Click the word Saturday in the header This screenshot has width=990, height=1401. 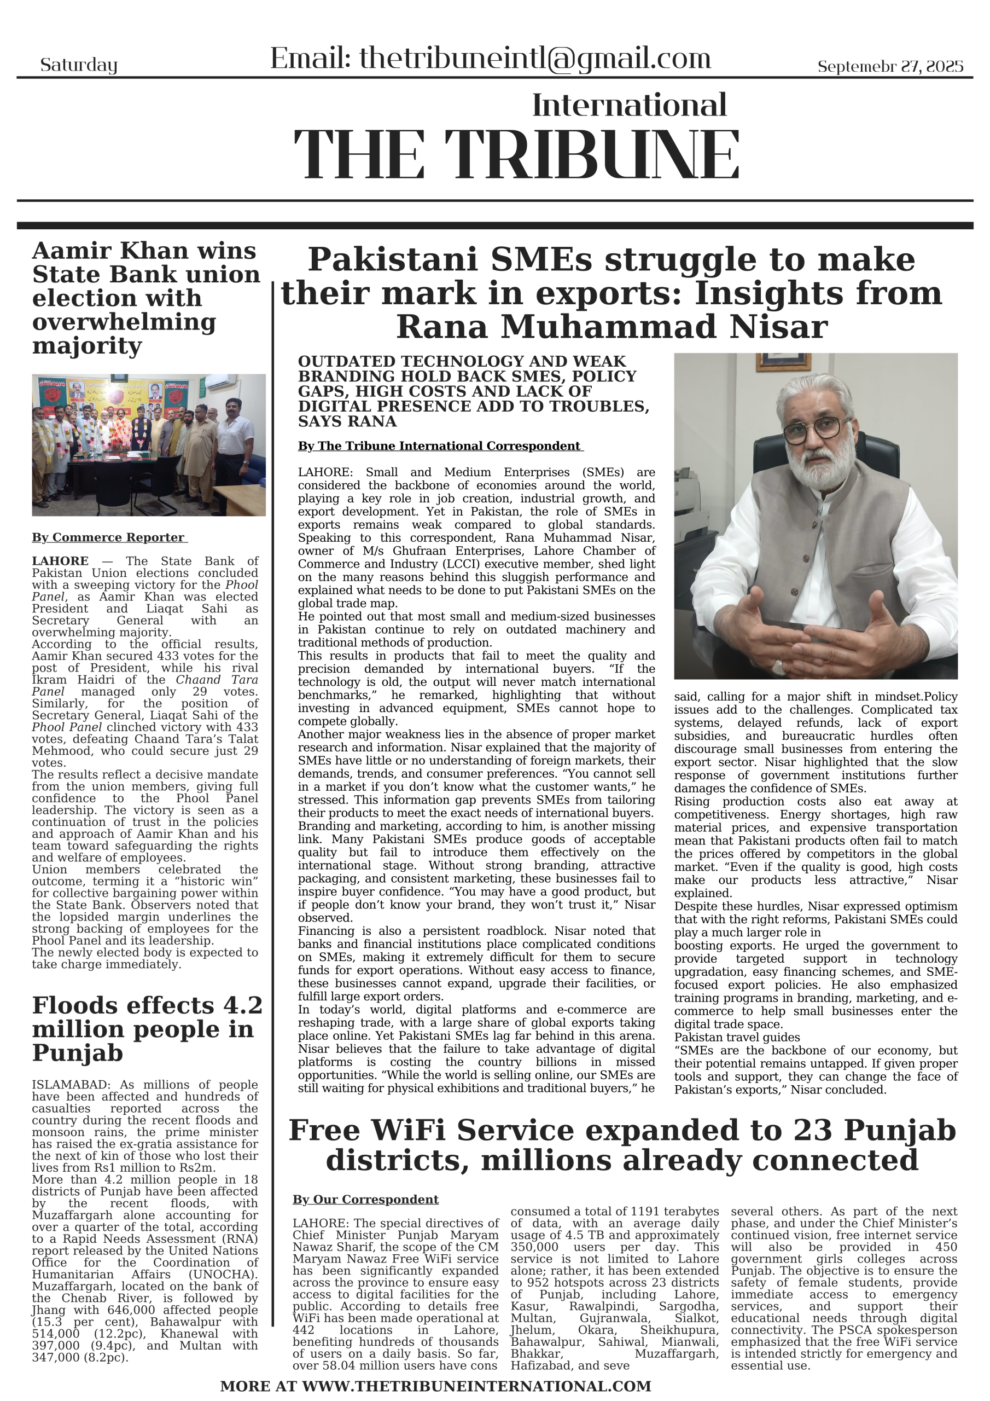coord(79,65)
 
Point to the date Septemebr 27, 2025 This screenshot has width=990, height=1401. coord(890,66)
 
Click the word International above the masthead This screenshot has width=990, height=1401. coord(629,105)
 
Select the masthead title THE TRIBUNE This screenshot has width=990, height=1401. coord(516,155)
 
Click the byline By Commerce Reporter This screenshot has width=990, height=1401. coord(109,537)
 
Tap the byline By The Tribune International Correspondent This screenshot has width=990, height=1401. coord(439,446)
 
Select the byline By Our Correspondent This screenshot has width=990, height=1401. coord(365,1200)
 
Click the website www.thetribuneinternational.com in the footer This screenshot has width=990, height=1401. coord(476,1386)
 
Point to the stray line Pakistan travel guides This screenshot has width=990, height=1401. coord(737,1037)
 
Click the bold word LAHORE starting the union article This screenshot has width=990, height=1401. coord(60,561)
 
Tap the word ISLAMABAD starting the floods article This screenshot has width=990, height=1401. coord(70,1085)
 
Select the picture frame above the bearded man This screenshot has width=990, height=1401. coord(783,361)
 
